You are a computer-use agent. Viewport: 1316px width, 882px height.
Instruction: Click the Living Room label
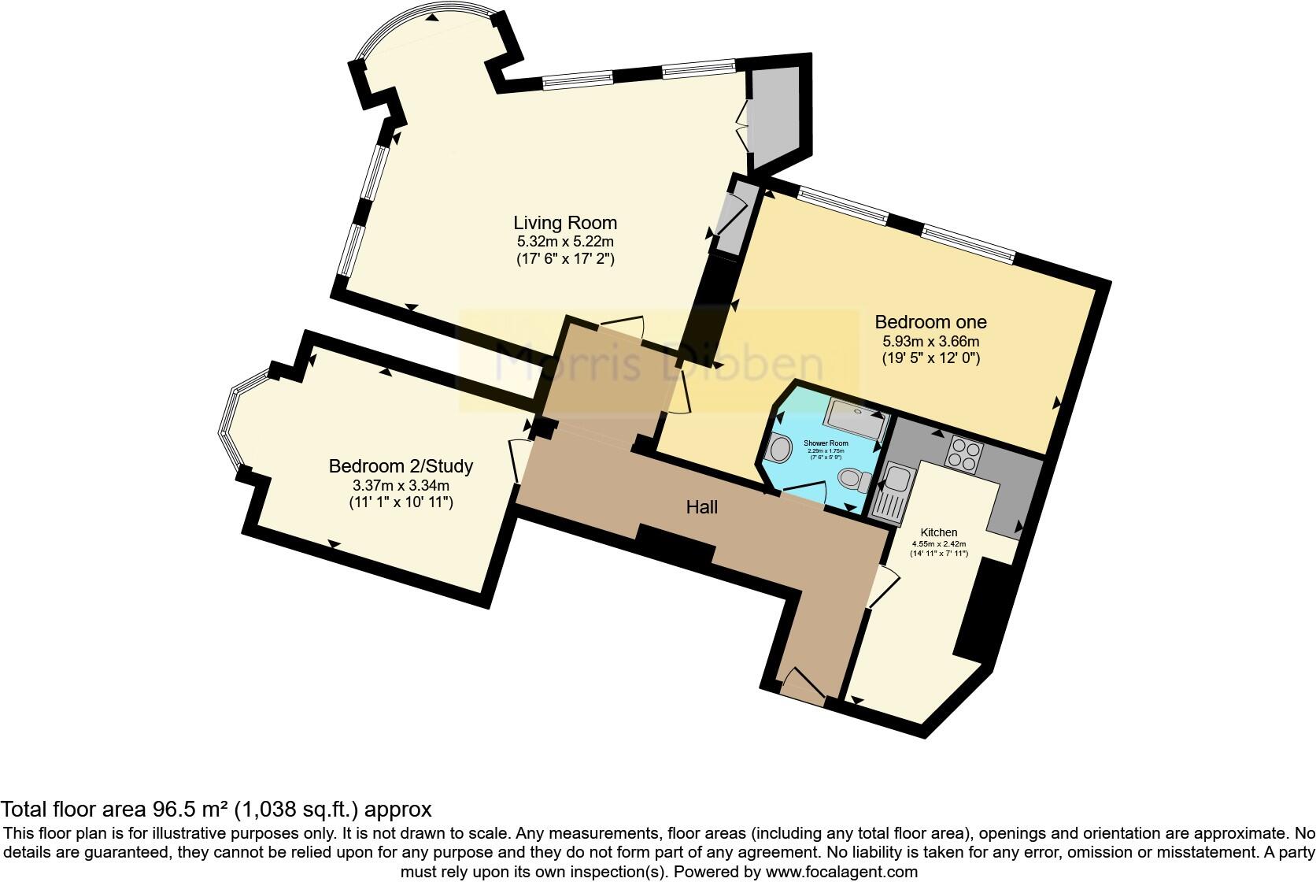(x=565, y=223)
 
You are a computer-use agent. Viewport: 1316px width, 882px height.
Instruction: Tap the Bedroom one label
(x=930, y=322)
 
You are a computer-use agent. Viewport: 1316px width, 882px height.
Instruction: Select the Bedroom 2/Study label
(x=401, y=466)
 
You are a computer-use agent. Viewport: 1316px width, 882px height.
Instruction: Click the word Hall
(x=701, y=508)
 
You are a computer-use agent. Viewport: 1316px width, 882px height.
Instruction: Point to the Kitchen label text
(x=940, y=533)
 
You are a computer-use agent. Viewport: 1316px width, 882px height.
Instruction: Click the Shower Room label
(x=823, y=444)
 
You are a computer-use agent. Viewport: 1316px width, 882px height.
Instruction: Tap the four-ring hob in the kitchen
(x=966, y=453)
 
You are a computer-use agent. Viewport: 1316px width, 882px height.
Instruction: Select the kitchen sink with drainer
(x=893, y=491)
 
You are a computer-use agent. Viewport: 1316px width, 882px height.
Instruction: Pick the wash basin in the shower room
(x=779, y=450)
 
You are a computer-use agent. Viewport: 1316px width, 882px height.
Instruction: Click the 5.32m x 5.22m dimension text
(x=565, y=242)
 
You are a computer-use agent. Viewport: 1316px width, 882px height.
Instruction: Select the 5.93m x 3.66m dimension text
(x=930, y=342)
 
